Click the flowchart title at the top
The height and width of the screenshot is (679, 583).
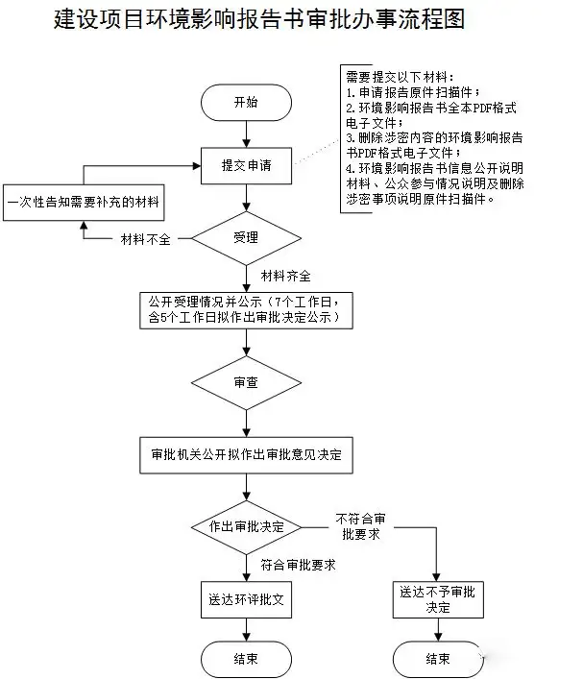point(259,20)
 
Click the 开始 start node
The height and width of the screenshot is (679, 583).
point(246,102)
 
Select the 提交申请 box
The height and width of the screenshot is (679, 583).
point(246,165)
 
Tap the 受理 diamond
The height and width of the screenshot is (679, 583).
point(246,237)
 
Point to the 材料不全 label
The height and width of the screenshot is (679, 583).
point(145,239)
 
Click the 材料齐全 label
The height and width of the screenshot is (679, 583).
point(285,277)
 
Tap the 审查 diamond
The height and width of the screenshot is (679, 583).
point(246,382)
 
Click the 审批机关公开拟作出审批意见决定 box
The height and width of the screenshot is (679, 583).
point(246,453)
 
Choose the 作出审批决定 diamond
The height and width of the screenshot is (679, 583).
point(246,526)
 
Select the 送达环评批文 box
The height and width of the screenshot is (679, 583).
point(246,600)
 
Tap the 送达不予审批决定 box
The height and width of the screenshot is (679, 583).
point(438,600)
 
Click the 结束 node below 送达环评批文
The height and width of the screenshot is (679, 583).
point(246,659)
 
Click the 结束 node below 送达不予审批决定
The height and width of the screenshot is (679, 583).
point(438,659)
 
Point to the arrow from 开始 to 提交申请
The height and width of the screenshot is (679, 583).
point(246,133)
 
